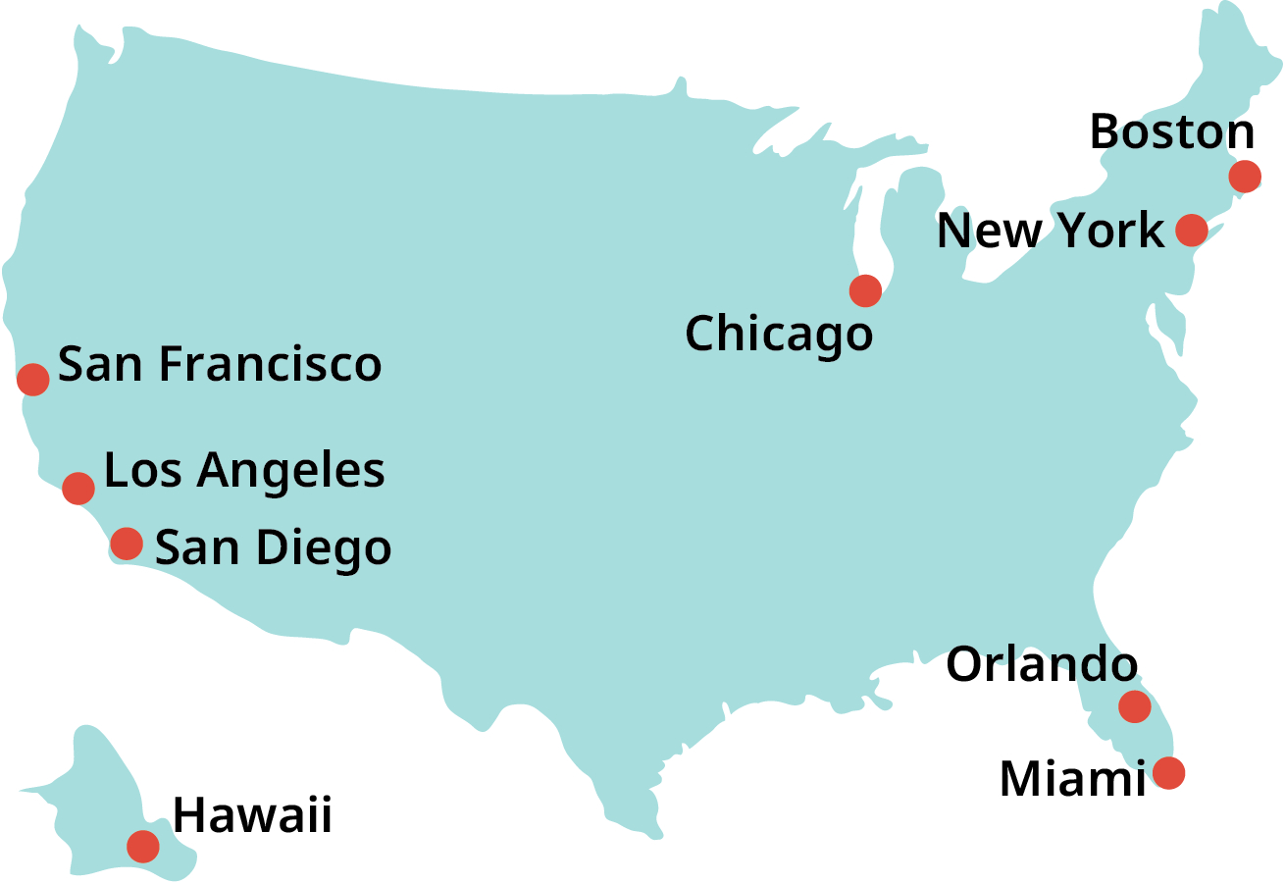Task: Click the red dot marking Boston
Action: [x=1245, y=177]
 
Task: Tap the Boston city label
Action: [x=1172, y=133]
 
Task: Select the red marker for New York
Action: [x=1191, y=230]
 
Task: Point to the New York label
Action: [x=1051, y=232]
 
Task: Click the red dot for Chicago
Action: [x=865, y=290]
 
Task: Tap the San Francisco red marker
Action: [x=33, y=378]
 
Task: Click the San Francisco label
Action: [x=220, y=365]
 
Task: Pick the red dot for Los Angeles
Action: [x=78, y=487]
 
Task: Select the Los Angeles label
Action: [x=244, y=472]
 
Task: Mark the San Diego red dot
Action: [x=127, y=543]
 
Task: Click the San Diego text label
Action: [x=274, y=548]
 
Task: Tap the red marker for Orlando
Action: [x=1134, y=705]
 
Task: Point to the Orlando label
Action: [x=1042, y=666]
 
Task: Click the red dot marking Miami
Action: [x=1168, y=773]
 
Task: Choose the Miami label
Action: [x=1072, y=780]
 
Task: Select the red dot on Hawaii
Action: [x=143, y=845]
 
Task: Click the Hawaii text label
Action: [x=253, y=816]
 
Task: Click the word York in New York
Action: [x=1110, y=232]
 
